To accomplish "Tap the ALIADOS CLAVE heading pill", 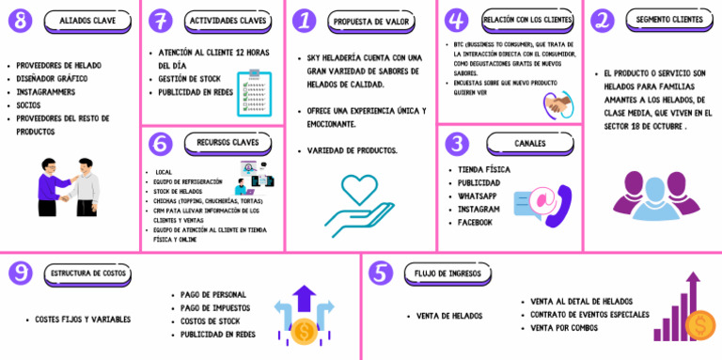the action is click(x=87, y=20).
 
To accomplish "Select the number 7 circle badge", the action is click(x=161, y=20).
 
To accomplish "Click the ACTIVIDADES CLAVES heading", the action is click(x=227, y=20).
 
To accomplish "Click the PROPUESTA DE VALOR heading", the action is click(x=364, y=20).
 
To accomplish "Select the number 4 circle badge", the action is click(x=456, y=20).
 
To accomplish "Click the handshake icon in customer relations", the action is click(x=558, y=104).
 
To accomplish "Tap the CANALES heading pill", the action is click(x=528, y=144).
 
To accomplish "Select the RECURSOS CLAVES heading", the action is click(x=227, y=143).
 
